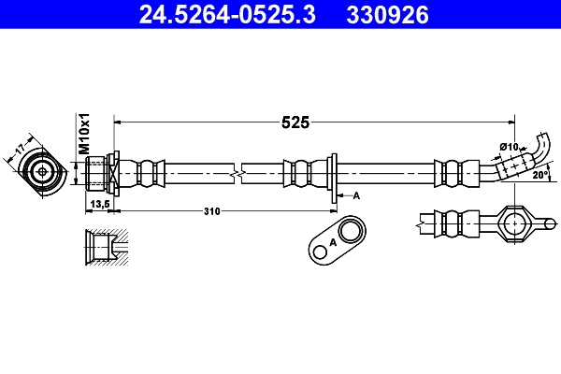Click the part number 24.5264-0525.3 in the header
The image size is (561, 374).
pyautogui.click(x=227, y=15)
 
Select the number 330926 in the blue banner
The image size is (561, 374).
pyautogui.click(x=387, y=15)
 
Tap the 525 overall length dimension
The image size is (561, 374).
pyautogui.click(x=295, y=122)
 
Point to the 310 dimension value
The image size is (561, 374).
pyautogui.click(x=212, y=211)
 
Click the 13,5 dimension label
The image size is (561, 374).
pyautogui.click(x=100, y=204)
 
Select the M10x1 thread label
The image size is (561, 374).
pyautogui.click(x=84, y=134)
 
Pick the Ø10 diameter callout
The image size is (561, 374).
pyautogui.click(x=509, y=147)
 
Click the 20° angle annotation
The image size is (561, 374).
pyautogui.click(x=540, y=175)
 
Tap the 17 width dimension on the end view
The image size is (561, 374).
pyautogui.click(x=20, y=149)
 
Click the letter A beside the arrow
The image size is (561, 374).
pyautogui.click(x=356, y=195)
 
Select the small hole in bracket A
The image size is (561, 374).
pyautogui.click(x=320, y=252)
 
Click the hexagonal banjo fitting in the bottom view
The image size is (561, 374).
pyautogui.click(x=514, y=223)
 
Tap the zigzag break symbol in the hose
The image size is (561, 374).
pyautogui.click(x=237, y=174)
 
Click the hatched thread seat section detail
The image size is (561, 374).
pyautogui.click(x=107, y=247)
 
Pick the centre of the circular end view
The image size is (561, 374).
pyautogui.click(x=43, y=172)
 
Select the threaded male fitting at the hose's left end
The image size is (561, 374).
pyautogui.click(x=95, y=174)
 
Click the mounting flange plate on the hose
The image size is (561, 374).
pyautogui.click(x=334, y=179)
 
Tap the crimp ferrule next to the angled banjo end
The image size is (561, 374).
pyautogui.click(x=456, y=174)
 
